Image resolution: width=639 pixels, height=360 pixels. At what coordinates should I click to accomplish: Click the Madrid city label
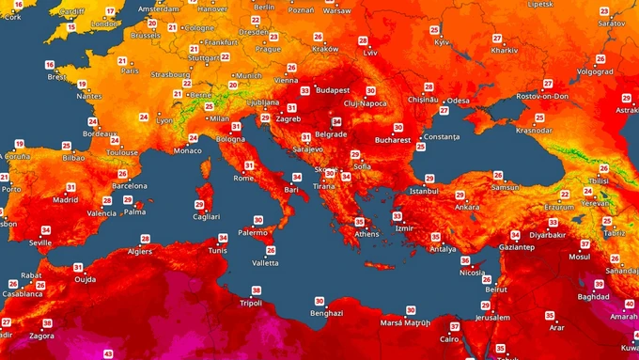65,199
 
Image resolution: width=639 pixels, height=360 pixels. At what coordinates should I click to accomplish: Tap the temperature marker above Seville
46,230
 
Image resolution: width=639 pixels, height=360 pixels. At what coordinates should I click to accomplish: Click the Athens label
366,233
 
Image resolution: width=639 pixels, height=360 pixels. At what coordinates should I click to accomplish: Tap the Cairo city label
450,338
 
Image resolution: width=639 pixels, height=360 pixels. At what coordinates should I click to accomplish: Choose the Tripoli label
250,303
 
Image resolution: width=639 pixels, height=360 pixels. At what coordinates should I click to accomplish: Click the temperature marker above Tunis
223,238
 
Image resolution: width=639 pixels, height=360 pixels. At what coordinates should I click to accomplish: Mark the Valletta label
265,262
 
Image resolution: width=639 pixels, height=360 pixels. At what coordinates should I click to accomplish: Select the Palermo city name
253,231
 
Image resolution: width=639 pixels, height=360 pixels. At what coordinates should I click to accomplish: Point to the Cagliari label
206,215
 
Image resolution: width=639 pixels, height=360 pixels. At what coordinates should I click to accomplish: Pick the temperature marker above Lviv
364,41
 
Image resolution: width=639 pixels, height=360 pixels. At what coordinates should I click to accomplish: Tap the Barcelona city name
130,186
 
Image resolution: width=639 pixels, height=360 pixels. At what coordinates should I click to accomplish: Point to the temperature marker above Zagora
47,322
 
